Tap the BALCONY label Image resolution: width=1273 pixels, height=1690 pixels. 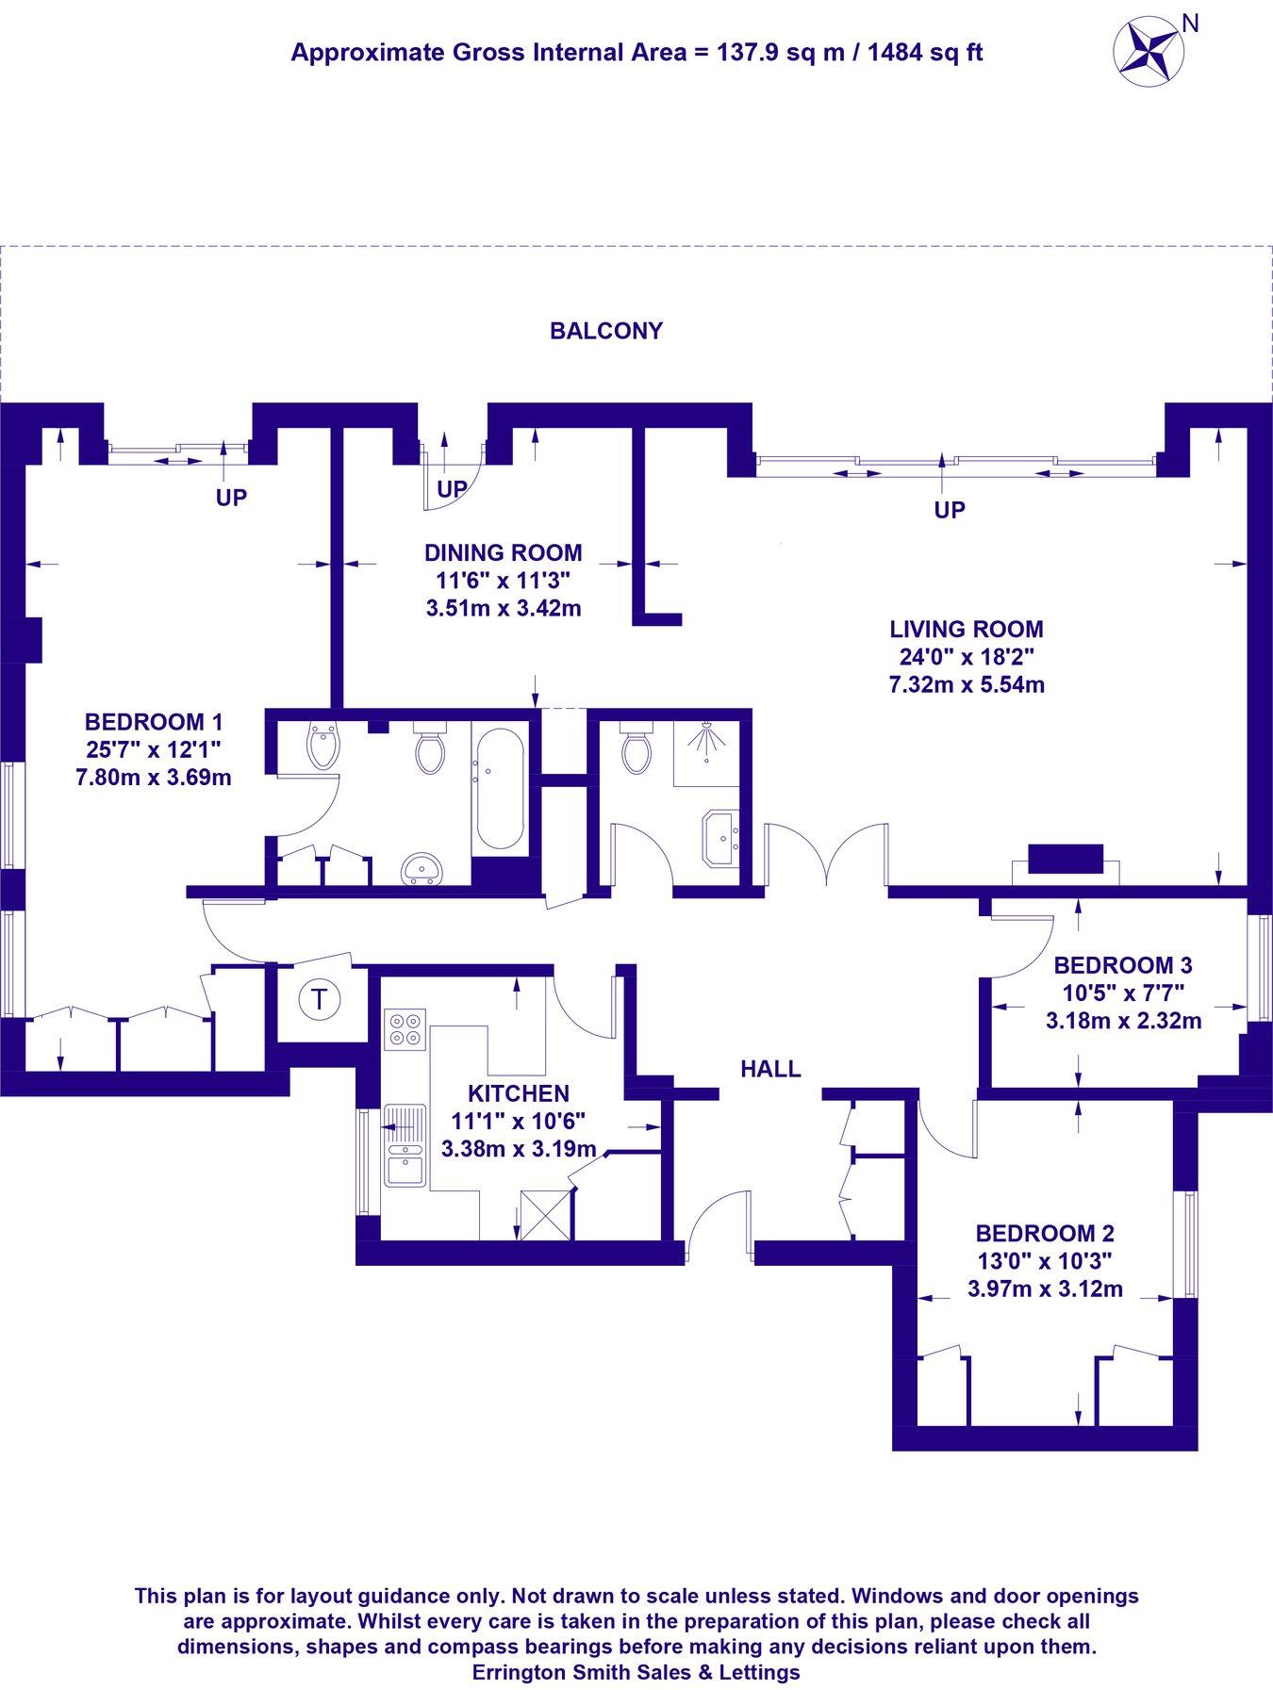[606, 331]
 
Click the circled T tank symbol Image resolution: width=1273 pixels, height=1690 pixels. [320, 1000]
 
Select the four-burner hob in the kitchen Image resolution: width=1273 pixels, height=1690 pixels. [405, 1029]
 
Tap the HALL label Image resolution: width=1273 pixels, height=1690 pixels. [770, 1069]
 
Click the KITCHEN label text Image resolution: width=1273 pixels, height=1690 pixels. [519, 1093]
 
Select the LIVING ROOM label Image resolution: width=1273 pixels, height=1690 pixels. [967, 629]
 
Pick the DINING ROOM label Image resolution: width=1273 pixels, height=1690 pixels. [503, 552]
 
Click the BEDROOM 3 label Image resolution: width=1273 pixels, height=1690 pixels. [1122, 965]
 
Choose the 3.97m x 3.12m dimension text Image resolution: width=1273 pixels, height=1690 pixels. [1045, 1288]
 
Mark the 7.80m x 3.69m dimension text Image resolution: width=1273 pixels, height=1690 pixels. [154, 778]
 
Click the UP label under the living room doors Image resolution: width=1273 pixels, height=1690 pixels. [950, 510]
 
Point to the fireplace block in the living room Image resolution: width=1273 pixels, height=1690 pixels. [1065, 859]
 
